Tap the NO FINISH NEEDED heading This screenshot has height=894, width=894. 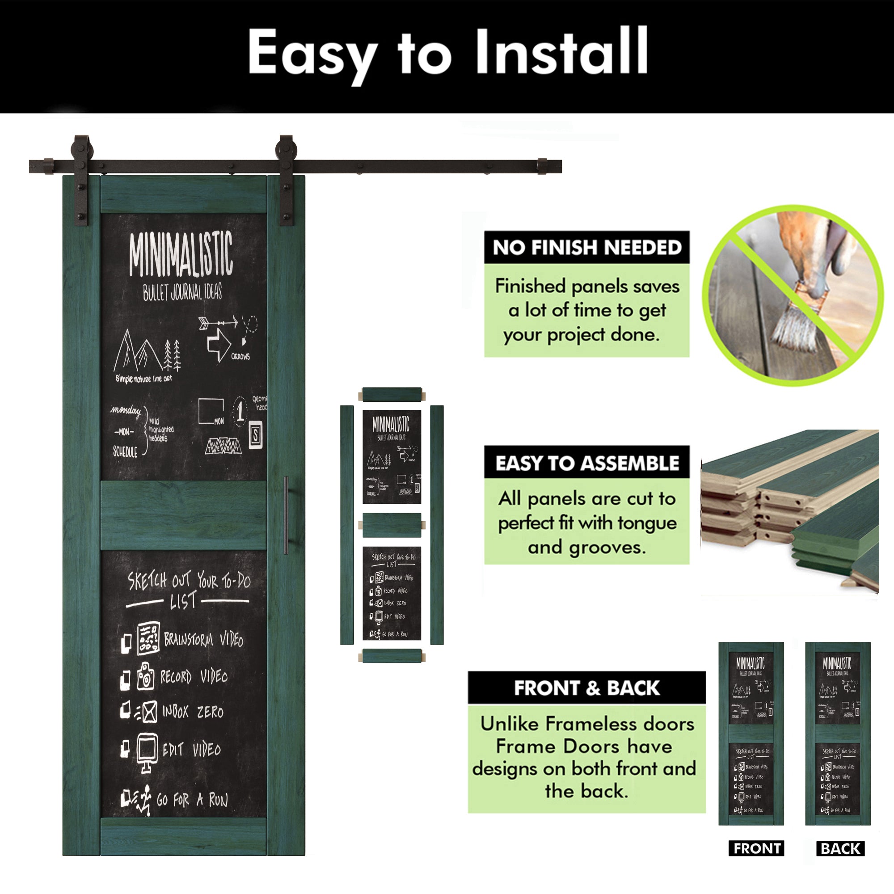pos(587,248)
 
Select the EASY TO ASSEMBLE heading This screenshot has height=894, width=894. pos(587,463)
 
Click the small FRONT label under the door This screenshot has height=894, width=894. pos(757,848)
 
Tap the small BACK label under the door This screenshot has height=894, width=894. pos(840,848)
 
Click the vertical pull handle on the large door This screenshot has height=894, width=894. pos(286,514)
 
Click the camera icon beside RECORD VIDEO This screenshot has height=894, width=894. pos(145,676)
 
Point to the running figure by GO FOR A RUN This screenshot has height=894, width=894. pos(145,800)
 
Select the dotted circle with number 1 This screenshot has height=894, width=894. pos(240,411)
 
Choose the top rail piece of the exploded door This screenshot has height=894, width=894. pos(392,395)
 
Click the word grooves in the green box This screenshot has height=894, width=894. pos(607,548)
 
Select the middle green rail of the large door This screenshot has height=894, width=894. pos(184,515)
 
